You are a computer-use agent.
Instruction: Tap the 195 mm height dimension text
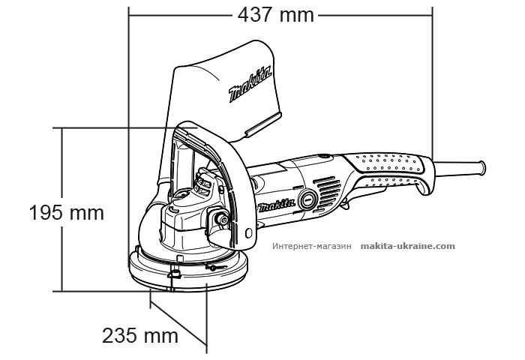(66, 213)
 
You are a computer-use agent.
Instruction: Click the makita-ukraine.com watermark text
(407, 245)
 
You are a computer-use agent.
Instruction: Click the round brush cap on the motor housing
(307, 200)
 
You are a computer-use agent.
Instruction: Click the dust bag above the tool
(225, 97)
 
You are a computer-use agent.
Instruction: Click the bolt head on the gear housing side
(222, 219)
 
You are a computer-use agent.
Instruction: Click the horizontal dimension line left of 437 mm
(180, 14)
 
